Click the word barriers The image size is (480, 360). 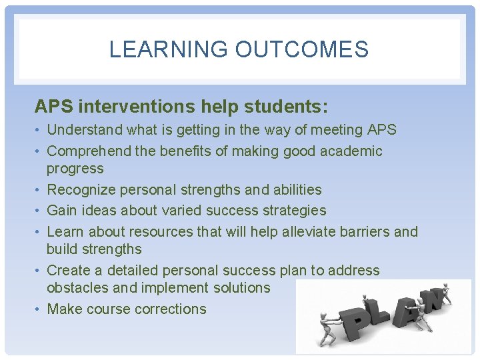point(367,232)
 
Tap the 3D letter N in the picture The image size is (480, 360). point(435,300)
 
